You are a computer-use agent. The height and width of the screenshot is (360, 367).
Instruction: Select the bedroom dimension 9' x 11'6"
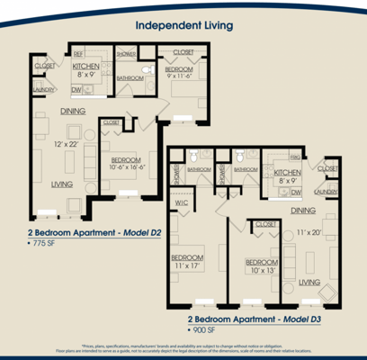coord(178,79)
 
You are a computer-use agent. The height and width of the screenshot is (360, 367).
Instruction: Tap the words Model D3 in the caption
coord(303,319)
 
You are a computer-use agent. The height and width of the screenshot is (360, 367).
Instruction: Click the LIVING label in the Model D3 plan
coord(309,281)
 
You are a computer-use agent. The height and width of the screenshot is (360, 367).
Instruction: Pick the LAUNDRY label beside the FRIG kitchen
coord(327,192)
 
